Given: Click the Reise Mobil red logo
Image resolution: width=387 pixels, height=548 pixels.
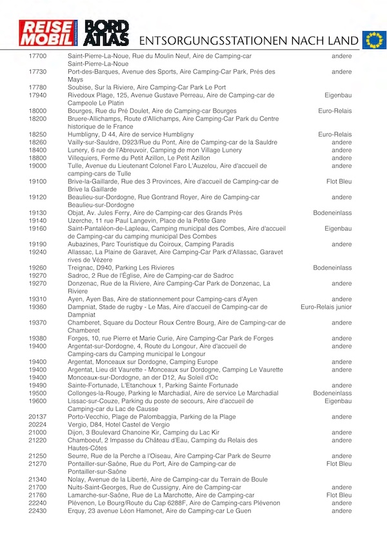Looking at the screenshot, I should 49,33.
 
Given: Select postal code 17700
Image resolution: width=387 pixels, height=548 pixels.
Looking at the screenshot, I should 37,56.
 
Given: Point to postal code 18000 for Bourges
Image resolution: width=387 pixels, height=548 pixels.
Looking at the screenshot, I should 37,111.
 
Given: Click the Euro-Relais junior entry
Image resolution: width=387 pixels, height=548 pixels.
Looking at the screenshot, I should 326,307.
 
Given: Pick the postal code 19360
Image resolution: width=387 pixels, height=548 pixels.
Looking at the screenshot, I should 37,307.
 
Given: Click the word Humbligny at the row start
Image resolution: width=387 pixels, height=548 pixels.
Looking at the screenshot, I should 84,134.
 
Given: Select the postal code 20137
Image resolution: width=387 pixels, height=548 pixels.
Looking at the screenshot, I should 37,417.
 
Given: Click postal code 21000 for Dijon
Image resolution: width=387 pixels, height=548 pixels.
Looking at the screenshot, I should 37,432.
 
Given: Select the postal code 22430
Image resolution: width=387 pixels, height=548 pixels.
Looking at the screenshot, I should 37,511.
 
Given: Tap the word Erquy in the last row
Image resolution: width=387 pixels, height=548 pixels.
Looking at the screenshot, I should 77,511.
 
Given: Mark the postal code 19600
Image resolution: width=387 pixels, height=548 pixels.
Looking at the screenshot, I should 37,401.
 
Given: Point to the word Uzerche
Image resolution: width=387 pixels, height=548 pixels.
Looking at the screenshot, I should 81,220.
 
